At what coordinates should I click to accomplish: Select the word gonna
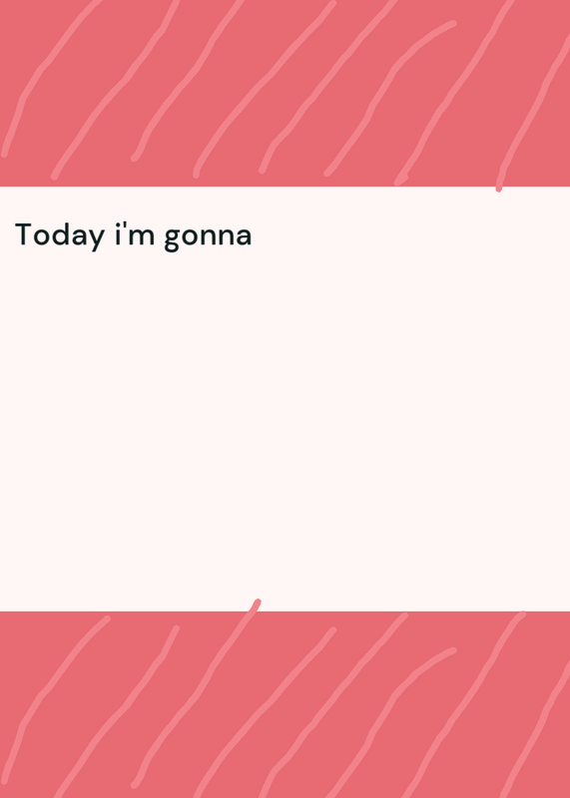click(x=209, y=238)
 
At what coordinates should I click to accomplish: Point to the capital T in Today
click(x=25, y=234)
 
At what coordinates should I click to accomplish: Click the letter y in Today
click(x=96, y=239)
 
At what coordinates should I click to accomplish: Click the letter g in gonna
click(x=172, y=239)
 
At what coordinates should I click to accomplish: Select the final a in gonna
click(x=244, y=237)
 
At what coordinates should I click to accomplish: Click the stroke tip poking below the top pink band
click(x=499, y=190)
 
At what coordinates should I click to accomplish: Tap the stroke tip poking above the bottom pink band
click(x=258, y=602)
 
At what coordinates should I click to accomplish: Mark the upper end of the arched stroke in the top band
click(x=453, y=23)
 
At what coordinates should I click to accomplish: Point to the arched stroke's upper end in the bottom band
click(x=453, y=650)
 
